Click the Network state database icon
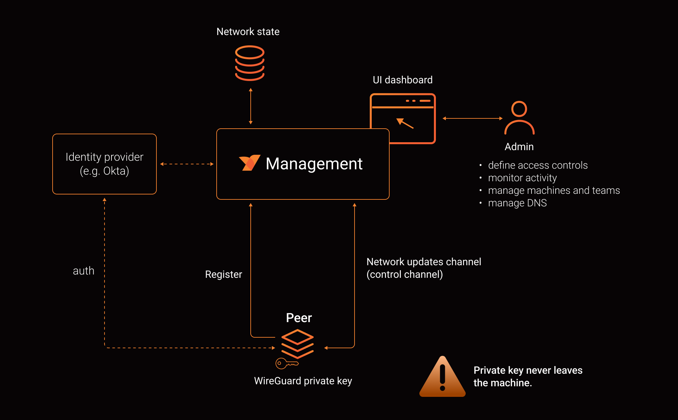pos(250,63)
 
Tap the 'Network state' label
pos(248,32)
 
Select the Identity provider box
pos(105,164)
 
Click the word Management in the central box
pos(314,164)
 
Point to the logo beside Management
pos(249,163)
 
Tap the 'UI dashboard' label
pos(403,80)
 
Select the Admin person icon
pos(519,118)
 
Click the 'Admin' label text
pos(519,147)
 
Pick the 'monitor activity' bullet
pos(522,178)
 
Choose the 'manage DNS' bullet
pos(517,203)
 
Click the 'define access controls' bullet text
pos(538,165)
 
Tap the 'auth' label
pos(83,271)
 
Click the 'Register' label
pos(224,274)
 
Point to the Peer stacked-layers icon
pos(297,344)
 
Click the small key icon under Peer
pos(287,363)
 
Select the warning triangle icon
pos(443,377)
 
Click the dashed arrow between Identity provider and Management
pos(187,164)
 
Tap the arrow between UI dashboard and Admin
pos(473,118)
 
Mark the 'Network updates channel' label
pos(424,262)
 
